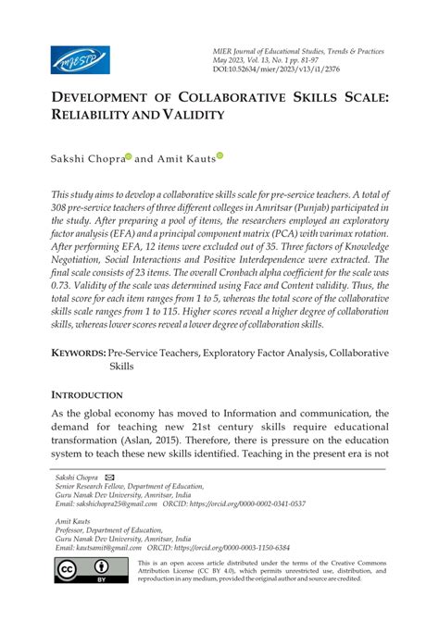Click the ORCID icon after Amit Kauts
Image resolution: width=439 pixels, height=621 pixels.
(x=220, y=157)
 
